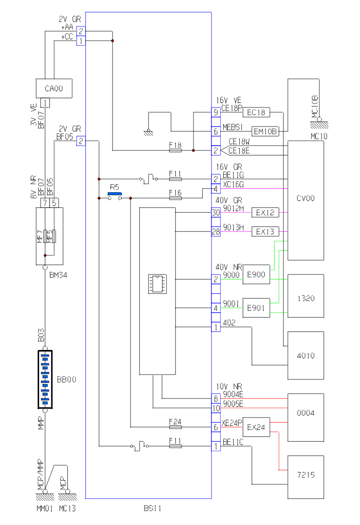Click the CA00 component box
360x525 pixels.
point(53,89)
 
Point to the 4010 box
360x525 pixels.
point(306,356)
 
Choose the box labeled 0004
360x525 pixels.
point(306,413)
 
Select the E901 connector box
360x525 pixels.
point(256,308)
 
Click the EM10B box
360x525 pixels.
point(265,131)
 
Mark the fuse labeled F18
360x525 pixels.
point(175,151)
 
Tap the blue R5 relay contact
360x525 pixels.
point(114,195)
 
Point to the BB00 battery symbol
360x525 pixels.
point(45,380)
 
